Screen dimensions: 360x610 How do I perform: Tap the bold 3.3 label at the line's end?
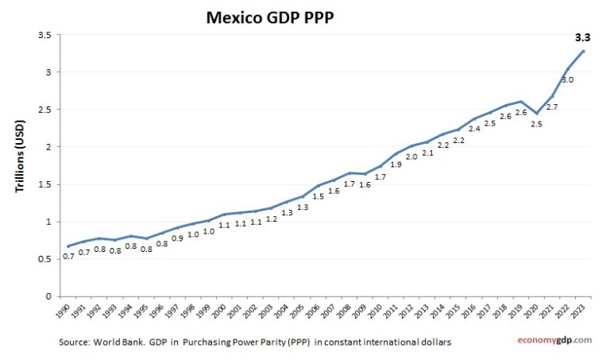(583, 37)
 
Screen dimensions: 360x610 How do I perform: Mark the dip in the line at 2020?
(536, 113)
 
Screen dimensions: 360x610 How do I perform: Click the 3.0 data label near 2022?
(567, 80)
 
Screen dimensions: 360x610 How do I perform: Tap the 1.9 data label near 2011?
(396, 165)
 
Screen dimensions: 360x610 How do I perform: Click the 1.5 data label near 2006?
(318, 196)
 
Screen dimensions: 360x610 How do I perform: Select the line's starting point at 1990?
(68, 246)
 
